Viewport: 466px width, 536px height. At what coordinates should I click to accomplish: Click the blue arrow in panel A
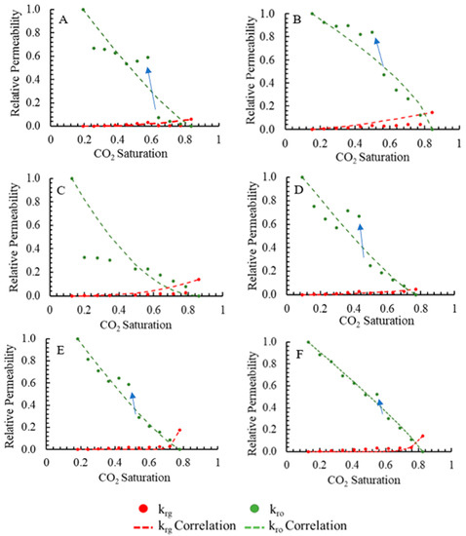coord(150,88)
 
